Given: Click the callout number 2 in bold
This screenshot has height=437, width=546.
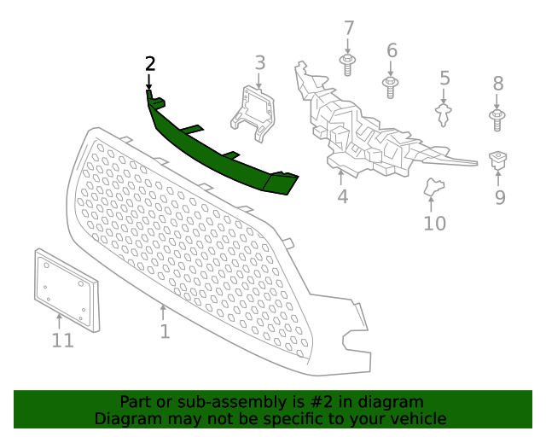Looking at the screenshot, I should (150, 64).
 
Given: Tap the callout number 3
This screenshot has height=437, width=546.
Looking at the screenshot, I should (260, 62).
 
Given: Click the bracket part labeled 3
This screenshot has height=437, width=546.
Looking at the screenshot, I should (256, 112).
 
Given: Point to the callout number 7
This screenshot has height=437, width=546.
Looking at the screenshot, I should (348, 29).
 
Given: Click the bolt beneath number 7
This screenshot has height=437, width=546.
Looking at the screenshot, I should (348, 63).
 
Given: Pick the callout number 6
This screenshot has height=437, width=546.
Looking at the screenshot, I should (392, 50).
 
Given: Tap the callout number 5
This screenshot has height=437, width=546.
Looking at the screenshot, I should (444, 79).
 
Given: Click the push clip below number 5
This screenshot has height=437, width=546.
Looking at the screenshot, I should (444, 113).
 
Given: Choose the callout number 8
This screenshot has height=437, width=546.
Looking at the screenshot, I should (498, 84).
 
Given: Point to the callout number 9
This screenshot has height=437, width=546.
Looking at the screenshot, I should (500, 198).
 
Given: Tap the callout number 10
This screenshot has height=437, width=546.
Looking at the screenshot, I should (434, 224).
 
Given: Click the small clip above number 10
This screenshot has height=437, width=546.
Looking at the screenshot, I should (434, 187).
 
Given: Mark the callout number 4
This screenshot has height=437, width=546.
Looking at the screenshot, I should (342, 197).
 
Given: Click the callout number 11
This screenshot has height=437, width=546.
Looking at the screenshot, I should (62, 341).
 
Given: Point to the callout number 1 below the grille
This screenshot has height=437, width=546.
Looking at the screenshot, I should (165, 331).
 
